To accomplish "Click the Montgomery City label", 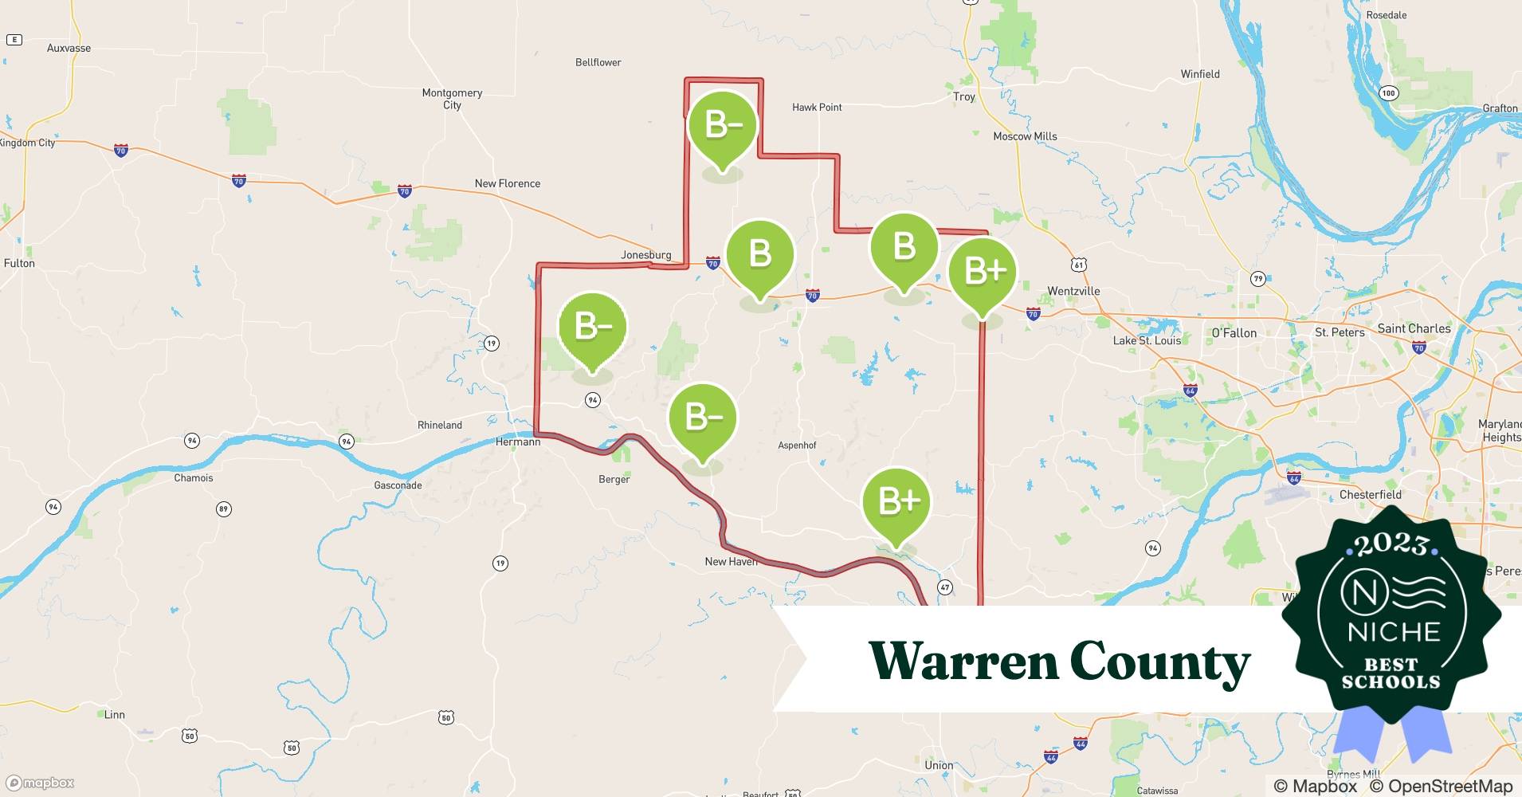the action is point(452,99).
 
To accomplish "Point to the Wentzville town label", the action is point(1073,291).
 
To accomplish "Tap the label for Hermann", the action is point(518,442).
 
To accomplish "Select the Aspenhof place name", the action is point(797,446).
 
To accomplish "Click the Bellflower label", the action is point(598,62).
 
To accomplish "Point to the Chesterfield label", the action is point(1370,494).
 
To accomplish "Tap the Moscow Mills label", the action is point(1025,136).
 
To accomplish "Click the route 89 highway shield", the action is point(223,508).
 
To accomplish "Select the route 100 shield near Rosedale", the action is point(1389,93).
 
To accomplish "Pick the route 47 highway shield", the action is point(945,587).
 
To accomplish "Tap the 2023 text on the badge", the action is point(1391,544).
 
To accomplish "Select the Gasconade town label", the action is point(398,485).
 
